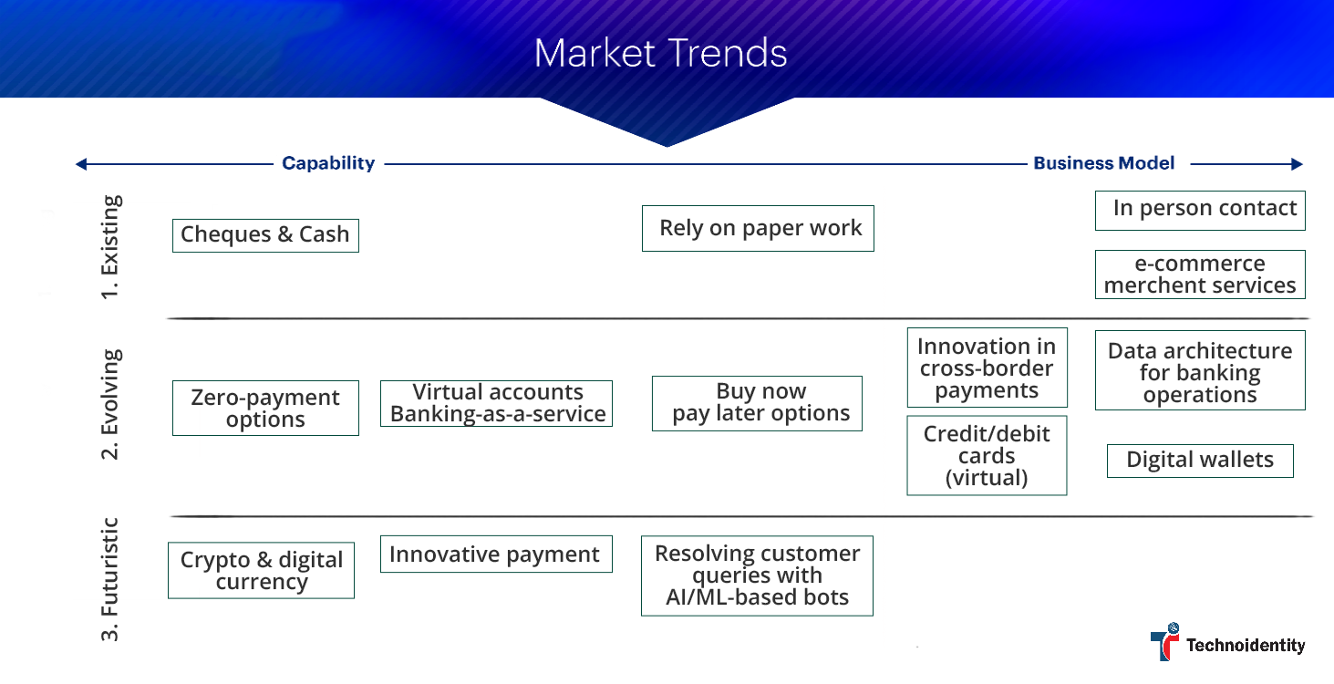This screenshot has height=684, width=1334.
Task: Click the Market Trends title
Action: [660, 53]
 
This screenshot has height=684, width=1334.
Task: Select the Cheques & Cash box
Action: [265, 235]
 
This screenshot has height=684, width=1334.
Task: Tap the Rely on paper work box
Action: [758, 228]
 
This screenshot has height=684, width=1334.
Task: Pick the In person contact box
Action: [1200, 210]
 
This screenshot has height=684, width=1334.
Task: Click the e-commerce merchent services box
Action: [1200, 275]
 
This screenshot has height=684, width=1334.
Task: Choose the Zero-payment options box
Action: [265, 409]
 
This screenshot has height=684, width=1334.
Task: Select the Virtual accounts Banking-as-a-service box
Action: [496, 403]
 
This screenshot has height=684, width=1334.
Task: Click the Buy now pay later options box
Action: [757, 403]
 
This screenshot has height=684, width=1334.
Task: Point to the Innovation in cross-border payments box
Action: [987, 368]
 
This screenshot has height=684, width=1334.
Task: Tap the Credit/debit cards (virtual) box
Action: [987, 455]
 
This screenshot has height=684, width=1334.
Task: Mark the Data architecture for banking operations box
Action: [1200, 370]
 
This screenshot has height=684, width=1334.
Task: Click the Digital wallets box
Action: [1200, 461]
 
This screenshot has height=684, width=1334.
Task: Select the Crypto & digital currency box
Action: [261, 571]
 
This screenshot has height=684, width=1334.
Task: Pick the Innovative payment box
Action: [496, 554]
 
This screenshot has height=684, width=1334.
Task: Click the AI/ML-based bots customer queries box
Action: [757, 575]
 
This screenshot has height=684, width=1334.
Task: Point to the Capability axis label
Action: [328, 163]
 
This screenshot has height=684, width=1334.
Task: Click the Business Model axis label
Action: [1103, 163]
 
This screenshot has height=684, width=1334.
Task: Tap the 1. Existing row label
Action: [110, 247]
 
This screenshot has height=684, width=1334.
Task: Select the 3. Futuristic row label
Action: [110, 579]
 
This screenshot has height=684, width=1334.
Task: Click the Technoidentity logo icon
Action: [1164, 642]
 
